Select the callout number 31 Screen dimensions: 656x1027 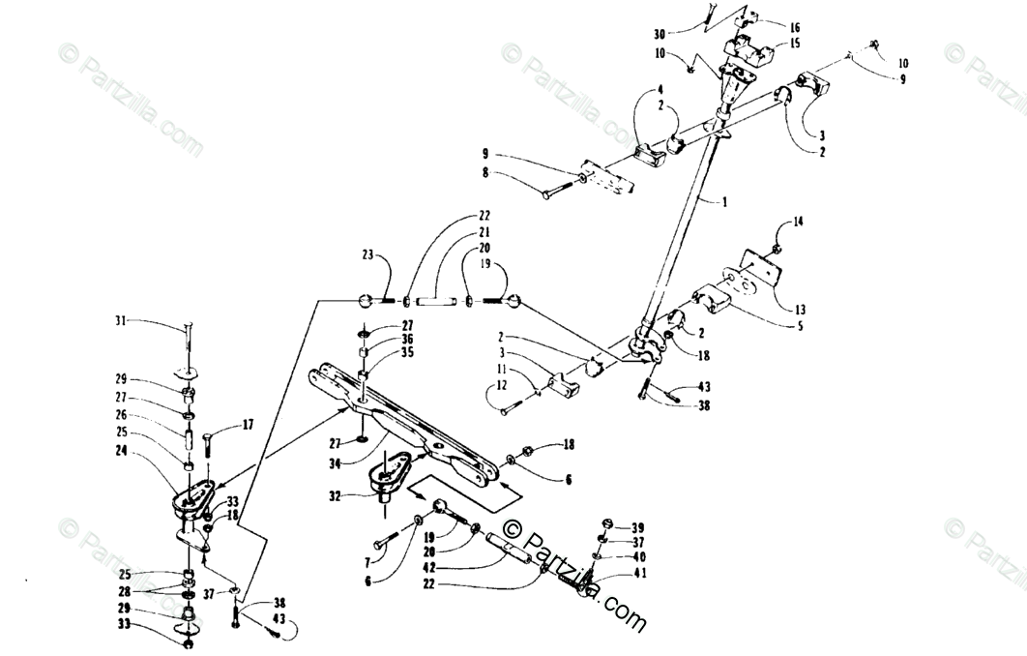[x=121, y=320]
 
